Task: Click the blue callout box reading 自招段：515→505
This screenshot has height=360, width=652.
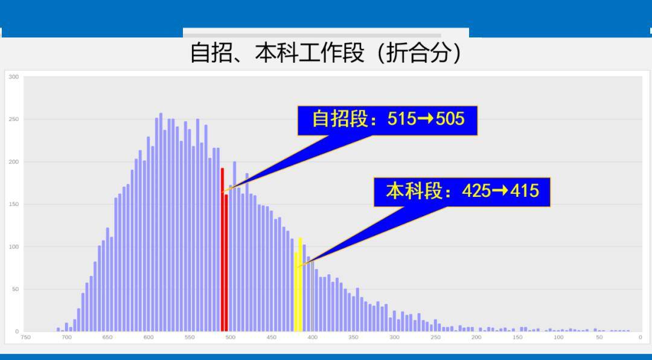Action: tap(387, 121)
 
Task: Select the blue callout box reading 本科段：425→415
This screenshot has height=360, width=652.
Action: tap(462, 192)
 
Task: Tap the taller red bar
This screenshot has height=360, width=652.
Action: tap(222, 249)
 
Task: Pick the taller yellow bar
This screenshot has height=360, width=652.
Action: tap(300, 284)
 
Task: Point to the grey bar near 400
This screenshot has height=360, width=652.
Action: tap(312, 297)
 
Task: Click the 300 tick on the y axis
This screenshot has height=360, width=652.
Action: tap(14, 77)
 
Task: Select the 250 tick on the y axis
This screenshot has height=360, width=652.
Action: tap(14, 120)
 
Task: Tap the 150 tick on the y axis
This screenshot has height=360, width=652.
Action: tap(14, 204)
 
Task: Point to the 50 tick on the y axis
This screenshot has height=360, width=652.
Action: tap(15, 289)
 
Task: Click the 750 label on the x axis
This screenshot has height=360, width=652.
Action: tap(26, 338)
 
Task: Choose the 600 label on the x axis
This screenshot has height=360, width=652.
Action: tap(149, 338)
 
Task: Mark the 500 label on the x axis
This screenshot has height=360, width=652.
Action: tap(231, 338)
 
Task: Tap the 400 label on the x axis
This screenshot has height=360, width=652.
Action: tap(312, 338)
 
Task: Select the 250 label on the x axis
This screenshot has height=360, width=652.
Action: tap(435, 338)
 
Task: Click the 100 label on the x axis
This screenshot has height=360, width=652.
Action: tap(558, 338)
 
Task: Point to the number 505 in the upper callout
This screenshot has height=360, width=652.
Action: tap(450, 119)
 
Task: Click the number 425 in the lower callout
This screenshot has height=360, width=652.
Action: tap(476, 191)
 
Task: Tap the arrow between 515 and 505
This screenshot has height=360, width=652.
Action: tap(426, 119)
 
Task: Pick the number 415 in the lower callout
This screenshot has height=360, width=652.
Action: tap(525, 191)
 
